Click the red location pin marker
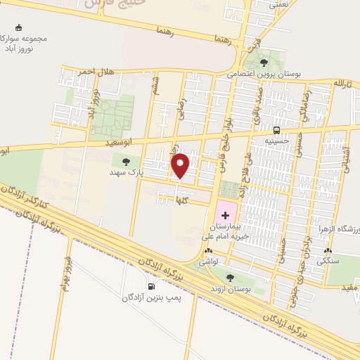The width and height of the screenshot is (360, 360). [181, 165]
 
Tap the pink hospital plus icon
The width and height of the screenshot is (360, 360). [225, 214]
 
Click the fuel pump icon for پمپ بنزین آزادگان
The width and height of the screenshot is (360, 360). [151, 287]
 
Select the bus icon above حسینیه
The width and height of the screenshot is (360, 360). [277, 130]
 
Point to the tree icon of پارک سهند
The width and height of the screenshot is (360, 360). [126, 162]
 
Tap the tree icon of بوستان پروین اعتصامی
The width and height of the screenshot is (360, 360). [264, 63]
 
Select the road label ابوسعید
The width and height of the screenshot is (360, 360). [119, 142]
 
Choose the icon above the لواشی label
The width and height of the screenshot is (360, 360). [207, 250]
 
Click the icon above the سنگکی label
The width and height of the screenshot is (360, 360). [328, 251]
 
